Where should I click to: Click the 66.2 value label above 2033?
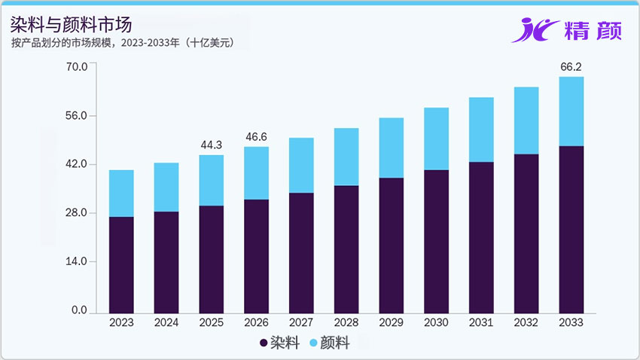click(571, 67)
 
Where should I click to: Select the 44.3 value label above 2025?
click(211, 145)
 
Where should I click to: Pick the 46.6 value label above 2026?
click(256, 137)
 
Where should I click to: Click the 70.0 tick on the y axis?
click(78, 67)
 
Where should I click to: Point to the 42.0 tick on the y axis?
click(78, 164)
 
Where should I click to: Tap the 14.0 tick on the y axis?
click(78, 261)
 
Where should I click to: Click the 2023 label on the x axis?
click(121, 322)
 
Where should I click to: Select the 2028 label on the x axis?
click(346, 322)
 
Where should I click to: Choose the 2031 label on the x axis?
click(481, 322)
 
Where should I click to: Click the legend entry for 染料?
click(279, 343)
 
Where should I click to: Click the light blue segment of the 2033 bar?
click(571, 111)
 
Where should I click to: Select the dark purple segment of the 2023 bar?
click(121, 264)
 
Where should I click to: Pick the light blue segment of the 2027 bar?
click(301, 165)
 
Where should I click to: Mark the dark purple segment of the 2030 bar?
click(436, 241)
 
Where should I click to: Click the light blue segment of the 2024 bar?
click(166, 187)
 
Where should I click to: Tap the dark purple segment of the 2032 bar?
click(526, 233)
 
